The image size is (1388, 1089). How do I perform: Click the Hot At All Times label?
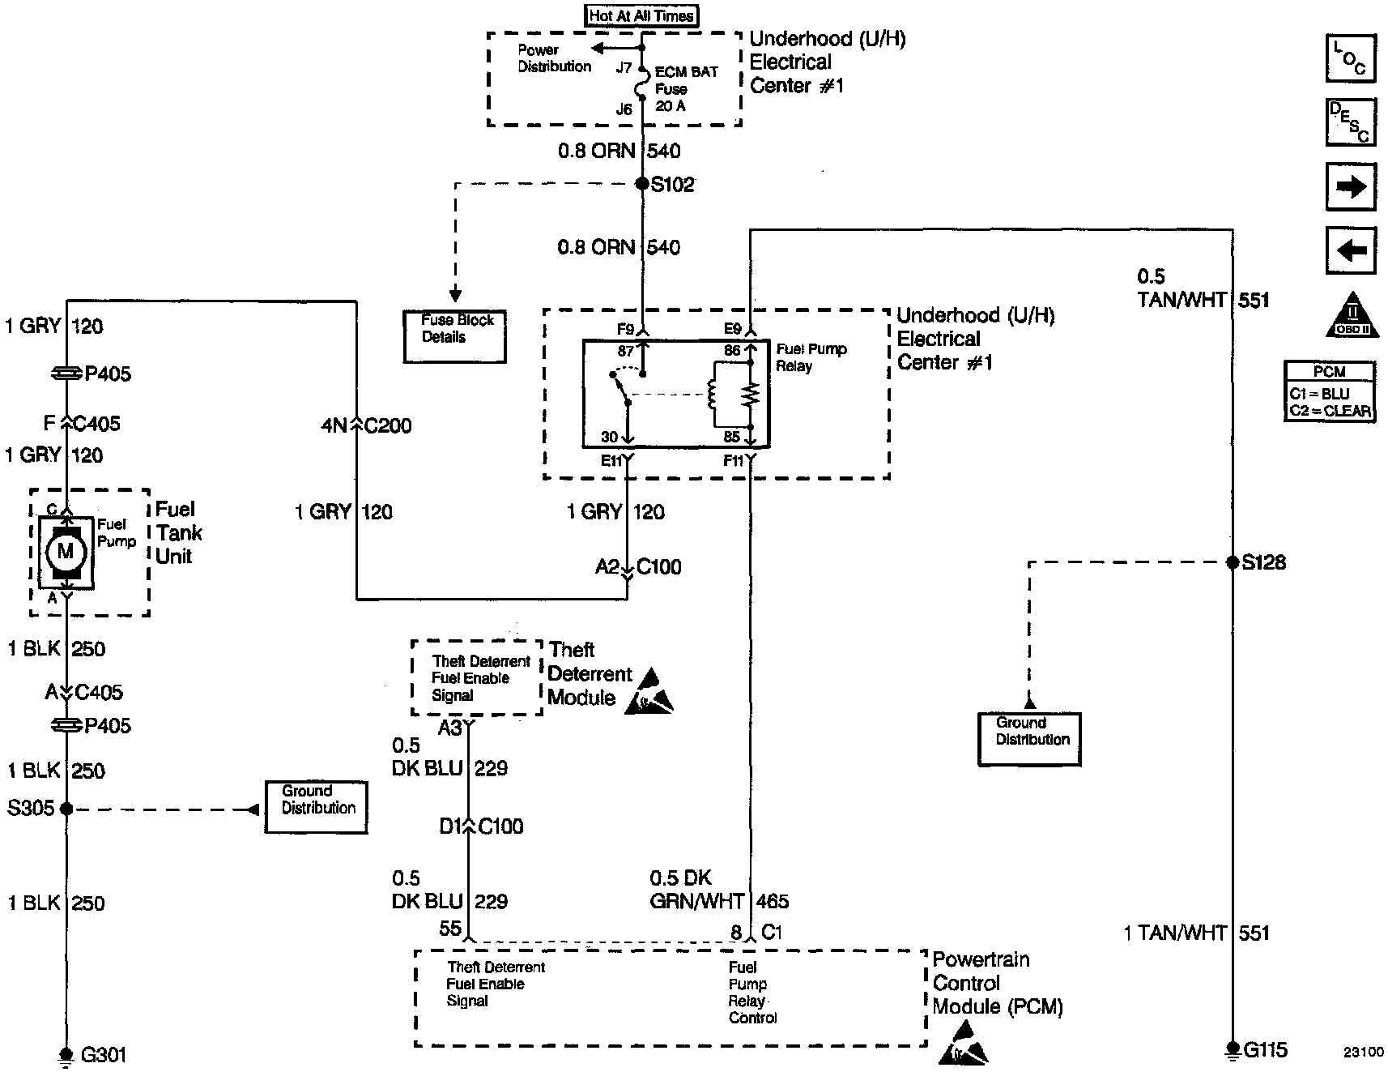(641, 15)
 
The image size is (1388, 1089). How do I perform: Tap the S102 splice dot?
(642, 184)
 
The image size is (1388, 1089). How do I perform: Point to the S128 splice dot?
(1232, 562)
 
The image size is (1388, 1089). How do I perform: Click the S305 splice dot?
(66, 809)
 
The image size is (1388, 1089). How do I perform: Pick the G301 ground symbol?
(66, 1055)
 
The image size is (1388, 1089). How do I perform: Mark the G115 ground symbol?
(1232, 1050)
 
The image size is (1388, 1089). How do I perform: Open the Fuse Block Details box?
(455, 336)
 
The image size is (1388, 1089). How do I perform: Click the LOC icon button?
(1350, 58)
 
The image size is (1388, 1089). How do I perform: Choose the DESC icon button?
(1350, 122)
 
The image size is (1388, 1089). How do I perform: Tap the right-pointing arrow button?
(1350, 187)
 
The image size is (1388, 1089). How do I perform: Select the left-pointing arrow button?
(1350, 250)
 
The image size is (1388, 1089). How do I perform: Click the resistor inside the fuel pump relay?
(751, 395)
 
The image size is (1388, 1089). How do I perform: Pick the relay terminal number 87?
(625, 351)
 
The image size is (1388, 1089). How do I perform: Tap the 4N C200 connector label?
(366, 425)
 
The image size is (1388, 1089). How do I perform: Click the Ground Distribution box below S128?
(1029, 739)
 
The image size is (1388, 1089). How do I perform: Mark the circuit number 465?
(773, 901)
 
